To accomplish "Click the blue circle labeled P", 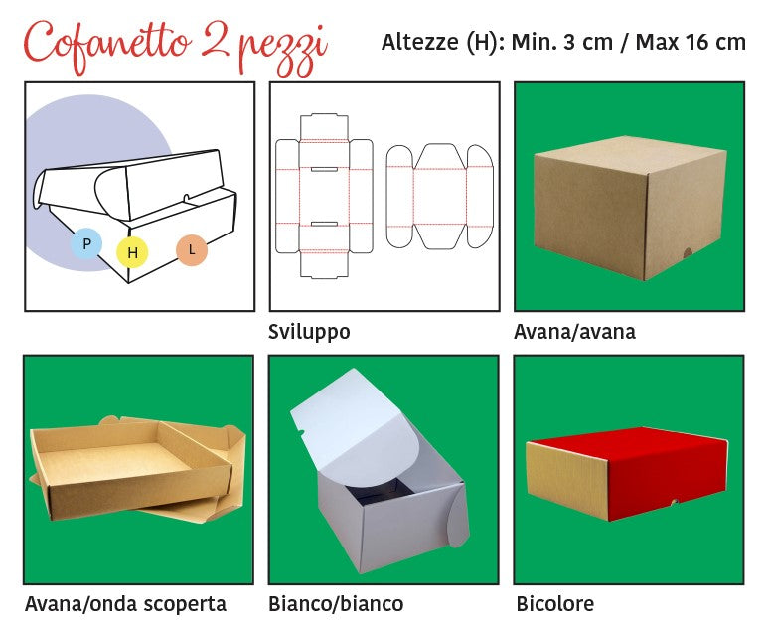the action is tap(86, 243).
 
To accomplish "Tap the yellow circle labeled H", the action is tap(132, 252).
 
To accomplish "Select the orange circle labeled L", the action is tap(192, 250).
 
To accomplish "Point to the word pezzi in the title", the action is tap(282, 50).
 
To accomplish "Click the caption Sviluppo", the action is tap(309, 332).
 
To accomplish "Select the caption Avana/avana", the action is tap(574, 332).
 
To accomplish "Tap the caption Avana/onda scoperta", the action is tap(125, 604).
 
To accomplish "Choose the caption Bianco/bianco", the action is tap(336, 604).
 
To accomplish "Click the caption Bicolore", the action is tap(555, 603).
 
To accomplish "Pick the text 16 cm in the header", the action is tap(715, 42).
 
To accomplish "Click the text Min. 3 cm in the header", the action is tap(561, 42).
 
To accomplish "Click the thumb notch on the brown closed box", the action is tap(688, 253).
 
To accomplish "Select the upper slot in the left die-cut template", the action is tap(324, 170).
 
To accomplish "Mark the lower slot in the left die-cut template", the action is tap(324, 224).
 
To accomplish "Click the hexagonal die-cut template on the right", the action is tap(439, 197).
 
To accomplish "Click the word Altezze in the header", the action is tap(419, 42).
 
